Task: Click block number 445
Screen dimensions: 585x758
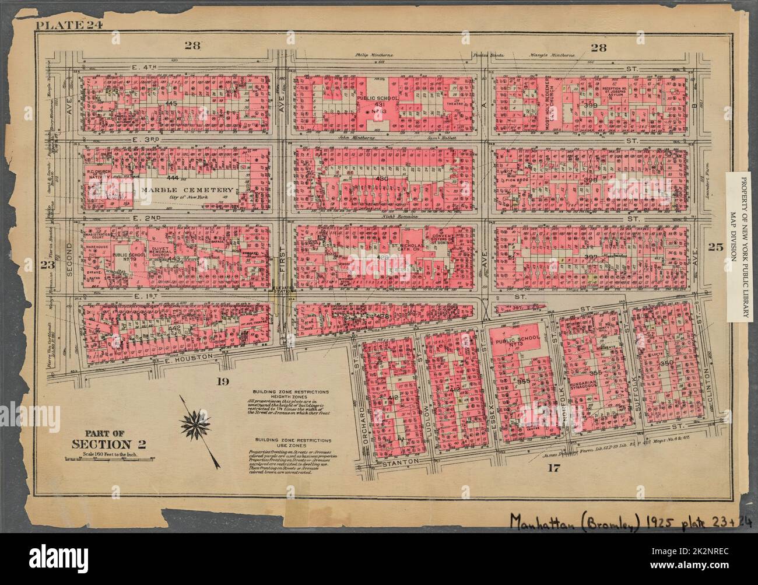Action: [171, 103]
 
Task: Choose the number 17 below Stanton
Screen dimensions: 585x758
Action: [552, 467]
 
